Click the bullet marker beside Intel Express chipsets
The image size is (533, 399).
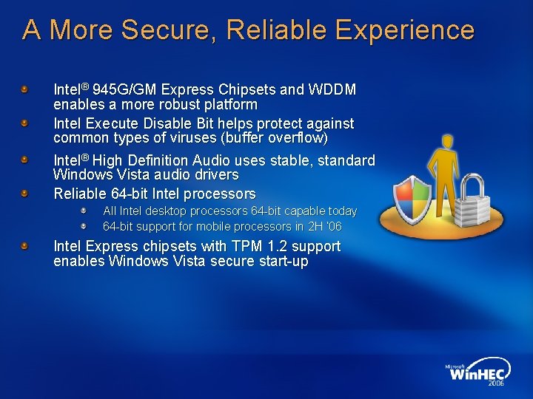click(25, 245)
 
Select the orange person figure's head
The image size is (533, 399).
click(446, 141)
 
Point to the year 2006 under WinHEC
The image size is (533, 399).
click(495, 384)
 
